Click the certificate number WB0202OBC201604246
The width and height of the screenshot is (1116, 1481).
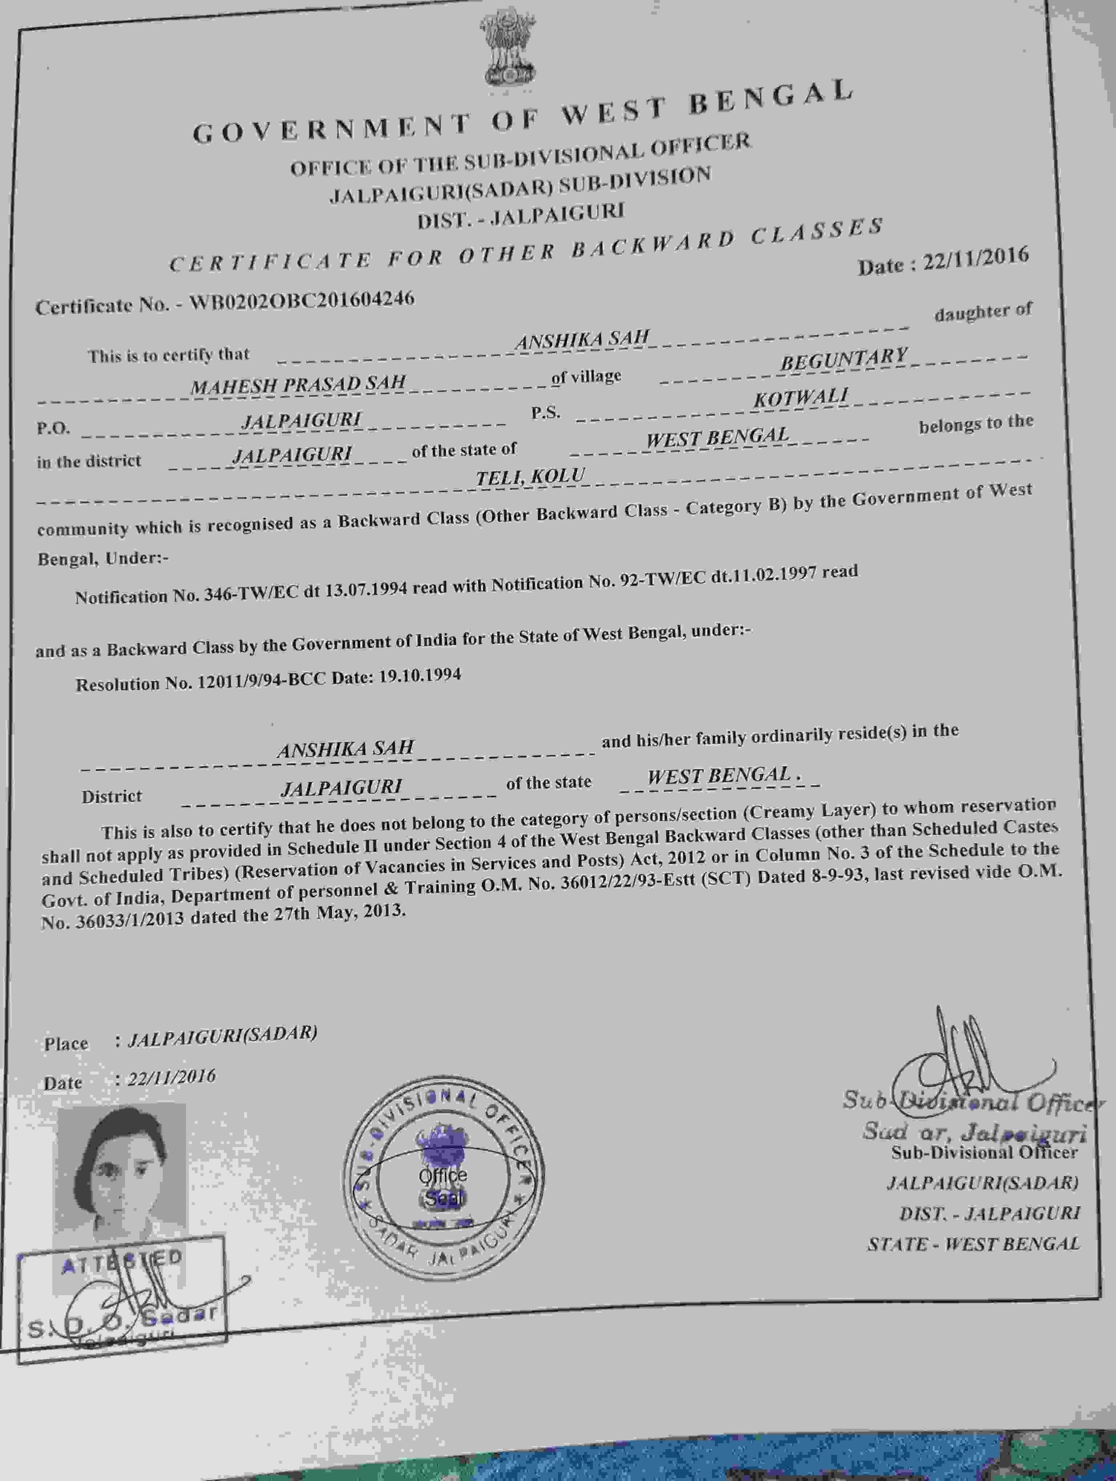pyautogui.click(x=302, y=301)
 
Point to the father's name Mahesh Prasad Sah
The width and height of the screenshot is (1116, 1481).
pyautogui.click(x=298, y=384)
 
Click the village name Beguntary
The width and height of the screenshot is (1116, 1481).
pyautogui.click(x=844, y=359)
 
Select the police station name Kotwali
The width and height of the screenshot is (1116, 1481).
pyautogui.click(x=801, y=398)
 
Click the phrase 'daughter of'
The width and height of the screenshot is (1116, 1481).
pyautogui.click(x=983, y=312)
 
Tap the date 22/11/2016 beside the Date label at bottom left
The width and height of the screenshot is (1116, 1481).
pyautogui.click(x=172, y=1078)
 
